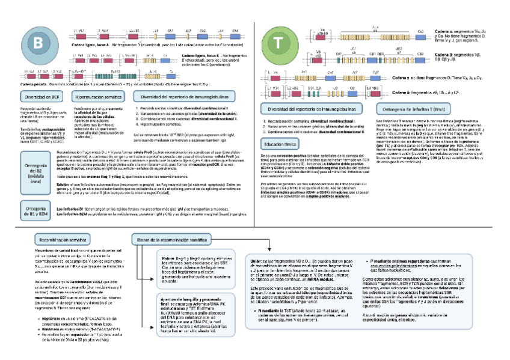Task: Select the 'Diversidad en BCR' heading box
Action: click(40, 97)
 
